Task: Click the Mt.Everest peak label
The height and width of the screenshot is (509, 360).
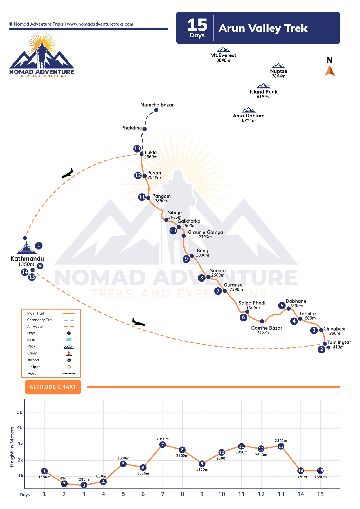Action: [x=223, y=55]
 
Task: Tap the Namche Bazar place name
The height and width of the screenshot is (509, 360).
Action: [x=157, y=105]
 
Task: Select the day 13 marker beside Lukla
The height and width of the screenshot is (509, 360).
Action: [x=137, y=148]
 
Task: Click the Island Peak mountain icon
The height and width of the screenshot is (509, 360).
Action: [x=264, y=86]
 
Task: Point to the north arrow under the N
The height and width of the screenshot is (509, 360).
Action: [x=330, y=71]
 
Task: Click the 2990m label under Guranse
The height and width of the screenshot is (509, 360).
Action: [x=236, y=289]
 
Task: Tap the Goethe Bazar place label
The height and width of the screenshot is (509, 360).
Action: [x=267, y=328]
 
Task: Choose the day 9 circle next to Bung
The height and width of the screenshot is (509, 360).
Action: [x=186, y=259]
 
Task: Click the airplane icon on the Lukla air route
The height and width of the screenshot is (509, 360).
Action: [x=67, y=174]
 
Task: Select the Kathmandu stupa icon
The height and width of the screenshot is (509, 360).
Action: [x=27, y=248]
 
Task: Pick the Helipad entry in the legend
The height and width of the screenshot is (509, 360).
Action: [x=34, y=367]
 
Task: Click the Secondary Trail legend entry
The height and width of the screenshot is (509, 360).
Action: [x=40, y=320]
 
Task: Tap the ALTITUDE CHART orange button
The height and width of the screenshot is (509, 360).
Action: [x=53, y=387]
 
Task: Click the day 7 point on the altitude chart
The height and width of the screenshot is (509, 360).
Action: [x=163, y=444]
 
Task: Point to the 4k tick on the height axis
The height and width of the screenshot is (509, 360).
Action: [x=20, y=428]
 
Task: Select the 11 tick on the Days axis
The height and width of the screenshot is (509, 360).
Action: [x=241, y=494]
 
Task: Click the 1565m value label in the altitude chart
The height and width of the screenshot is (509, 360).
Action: [x=143, y=473]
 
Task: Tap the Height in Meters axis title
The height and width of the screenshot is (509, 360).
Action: [x=12, y=447]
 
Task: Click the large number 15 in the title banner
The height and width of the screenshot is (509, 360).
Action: [x=197, y=25]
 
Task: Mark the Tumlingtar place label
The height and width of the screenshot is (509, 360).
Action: [x=339, y=342]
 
